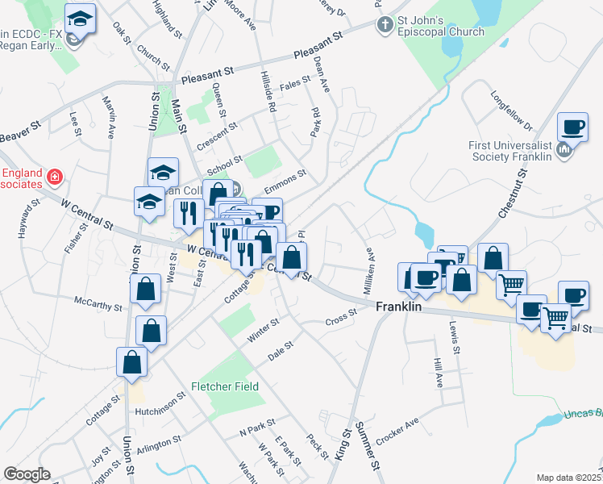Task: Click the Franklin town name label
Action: click(400, 307)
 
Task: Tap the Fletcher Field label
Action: click(225, 386)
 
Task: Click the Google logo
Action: click(27, 474)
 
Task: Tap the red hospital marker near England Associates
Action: click(54, 175)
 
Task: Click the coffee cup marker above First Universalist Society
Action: click(573, 128)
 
